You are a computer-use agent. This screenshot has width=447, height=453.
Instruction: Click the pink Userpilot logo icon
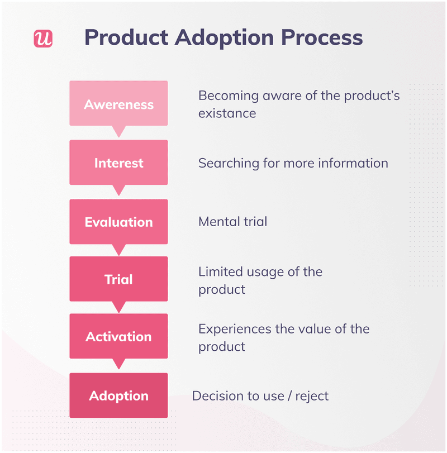[x=43, y=38]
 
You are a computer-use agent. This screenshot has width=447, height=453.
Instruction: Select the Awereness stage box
[x=118, y=104]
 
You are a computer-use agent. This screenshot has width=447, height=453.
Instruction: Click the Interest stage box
[x=118, y=163]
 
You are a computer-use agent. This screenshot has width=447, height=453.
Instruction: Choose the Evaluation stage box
[x=118, y=222]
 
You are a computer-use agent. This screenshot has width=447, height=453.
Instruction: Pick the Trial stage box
[x=118, y=279]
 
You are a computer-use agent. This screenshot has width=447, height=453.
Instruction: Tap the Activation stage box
[x=118, y=336]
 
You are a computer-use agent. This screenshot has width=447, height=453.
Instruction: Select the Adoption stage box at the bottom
[x=118, y=395]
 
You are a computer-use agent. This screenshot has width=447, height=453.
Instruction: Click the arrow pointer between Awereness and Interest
[x=118, y=132]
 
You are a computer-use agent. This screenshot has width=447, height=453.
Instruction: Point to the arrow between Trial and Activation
[x=118, y=307]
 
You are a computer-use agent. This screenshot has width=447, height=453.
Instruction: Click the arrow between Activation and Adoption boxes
[x=118, y=365]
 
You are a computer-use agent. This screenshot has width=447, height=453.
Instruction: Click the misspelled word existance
[x=227, y=113]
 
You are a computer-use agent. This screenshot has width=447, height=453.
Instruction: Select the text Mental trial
[x=232, y=222]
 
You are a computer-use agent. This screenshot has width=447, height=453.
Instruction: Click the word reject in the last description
[x=311, y=396]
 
